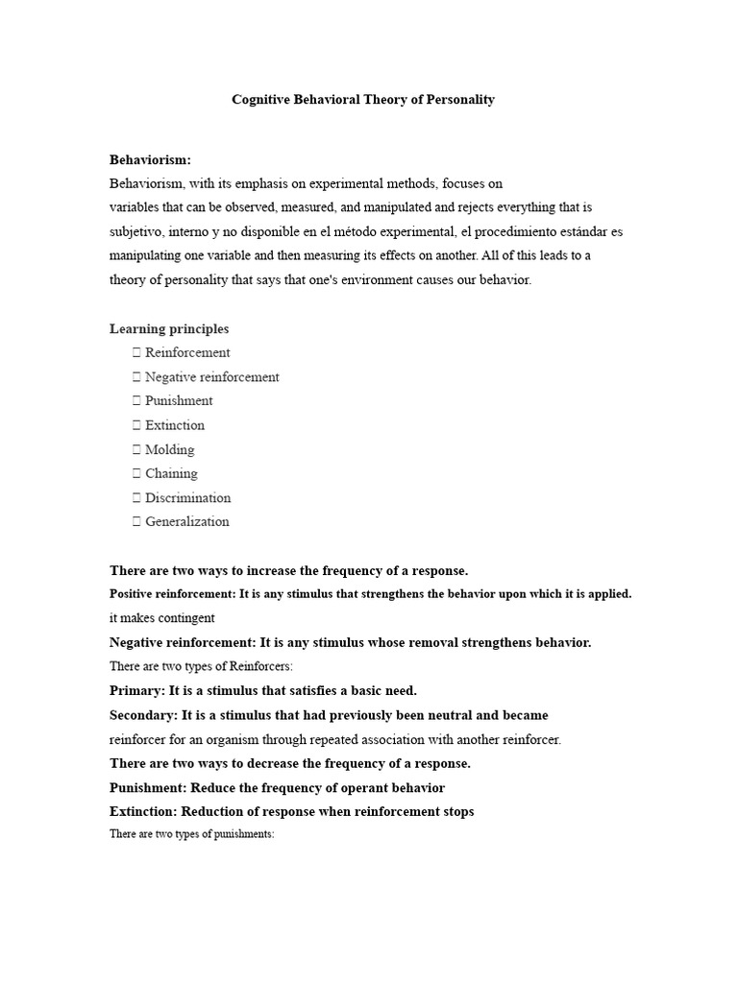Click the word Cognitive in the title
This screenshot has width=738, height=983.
click(262, 100)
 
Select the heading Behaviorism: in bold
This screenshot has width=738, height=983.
click(150, 159)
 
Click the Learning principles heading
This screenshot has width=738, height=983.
click(169, 329)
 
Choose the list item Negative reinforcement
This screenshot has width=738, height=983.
click(211, 377)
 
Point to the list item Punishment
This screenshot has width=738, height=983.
click(179, 401)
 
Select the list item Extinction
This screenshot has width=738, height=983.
click(175, 425)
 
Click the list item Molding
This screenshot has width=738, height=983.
click(170, 449)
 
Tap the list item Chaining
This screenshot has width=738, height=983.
click(171, 473)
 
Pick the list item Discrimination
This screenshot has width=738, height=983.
click(188, 498)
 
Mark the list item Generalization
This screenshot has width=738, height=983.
click(187, 522)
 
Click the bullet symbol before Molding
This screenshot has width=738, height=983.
click(136, 449)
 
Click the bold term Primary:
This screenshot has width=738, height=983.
click(137, 691)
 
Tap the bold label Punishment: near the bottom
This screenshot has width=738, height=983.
click(149, 788)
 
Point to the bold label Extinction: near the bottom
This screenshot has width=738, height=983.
click(144, 812)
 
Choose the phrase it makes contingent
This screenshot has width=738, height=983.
click(162, 618)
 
